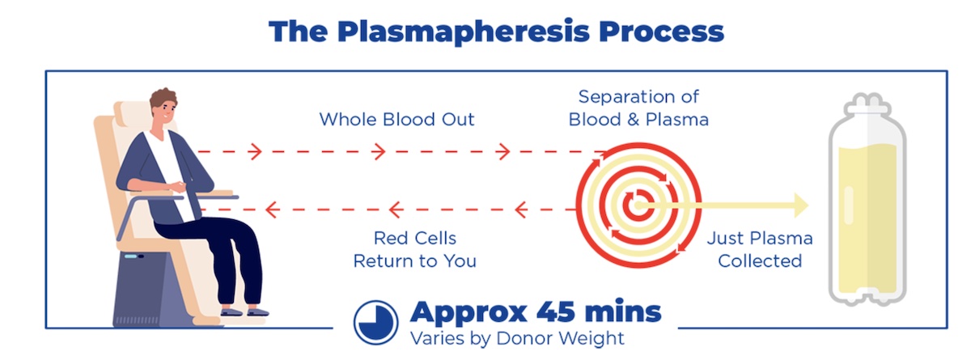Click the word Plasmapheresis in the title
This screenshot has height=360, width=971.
tap(464, 32)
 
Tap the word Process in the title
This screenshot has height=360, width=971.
tap(662, 32)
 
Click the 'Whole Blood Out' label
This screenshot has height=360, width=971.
tap(396, 120)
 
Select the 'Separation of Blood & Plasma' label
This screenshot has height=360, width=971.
tap(638, 108)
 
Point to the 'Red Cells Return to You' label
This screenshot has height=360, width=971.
tap(415, 249)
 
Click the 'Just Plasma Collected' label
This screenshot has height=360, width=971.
tap(760, 249)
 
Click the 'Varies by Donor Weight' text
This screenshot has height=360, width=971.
tap(517, 338)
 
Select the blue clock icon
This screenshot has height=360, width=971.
tap(375, 322)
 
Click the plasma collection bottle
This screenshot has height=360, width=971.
tap(867, 199)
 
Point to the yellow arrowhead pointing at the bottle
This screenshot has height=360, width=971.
tap(801, 205)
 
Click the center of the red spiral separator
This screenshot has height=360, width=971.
tap(638, 205)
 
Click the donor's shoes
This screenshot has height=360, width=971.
tap(245, 311)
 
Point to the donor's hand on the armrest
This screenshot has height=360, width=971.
tap(177, 187)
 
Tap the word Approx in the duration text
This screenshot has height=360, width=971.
tap(469, 313)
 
